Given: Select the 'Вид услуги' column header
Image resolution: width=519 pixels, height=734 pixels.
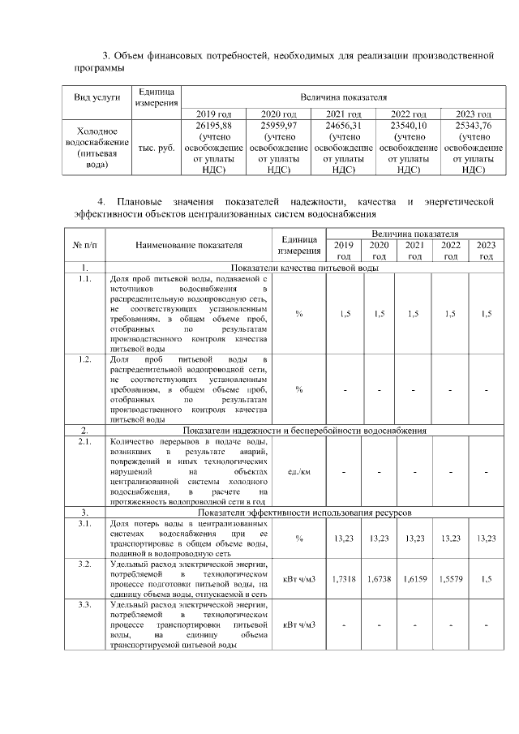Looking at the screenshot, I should [97, 97].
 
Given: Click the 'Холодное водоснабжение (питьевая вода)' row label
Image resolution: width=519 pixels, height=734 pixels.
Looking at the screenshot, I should [97, 148].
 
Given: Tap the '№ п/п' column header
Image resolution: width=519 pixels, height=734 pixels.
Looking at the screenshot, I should [85, 243].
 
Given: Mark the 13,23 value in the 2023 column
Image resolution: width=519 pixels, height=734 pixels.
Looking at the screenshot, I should [485, 539].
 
